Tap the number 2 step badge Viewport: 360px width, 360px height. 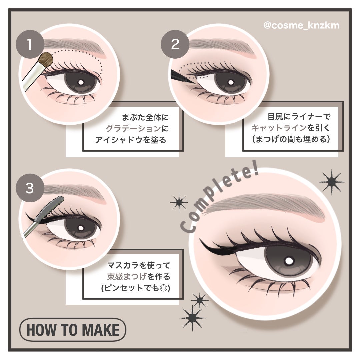point(175,44)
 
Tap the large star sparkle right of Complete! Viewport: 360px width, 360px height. point(331,182)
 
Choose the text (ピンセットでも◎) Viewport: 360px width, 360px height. point(136,288)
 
